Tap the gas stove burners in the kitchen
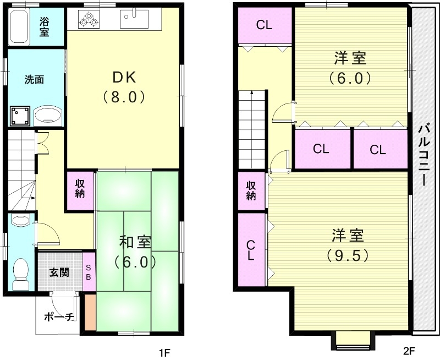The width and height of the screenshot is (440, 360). (x=89, y=20)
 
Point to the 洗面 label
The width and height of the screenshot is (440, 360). (x=34, y=79)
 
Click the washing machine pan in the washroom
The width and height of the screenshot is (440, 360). (x=20, y=116)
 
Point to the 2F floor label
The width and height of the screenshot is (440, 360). (x=408, y=351)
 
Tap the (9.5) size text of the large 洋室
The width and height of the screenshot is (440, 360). (x=348, y=255)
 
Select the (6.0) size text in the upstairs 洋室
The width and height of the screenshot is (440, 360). (x=350, y=77)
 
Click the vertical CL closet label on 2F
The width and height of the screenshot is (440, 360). (x=250, y=250)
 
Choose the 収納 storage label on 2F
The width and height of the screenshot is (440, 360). (x=250, y=190)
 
